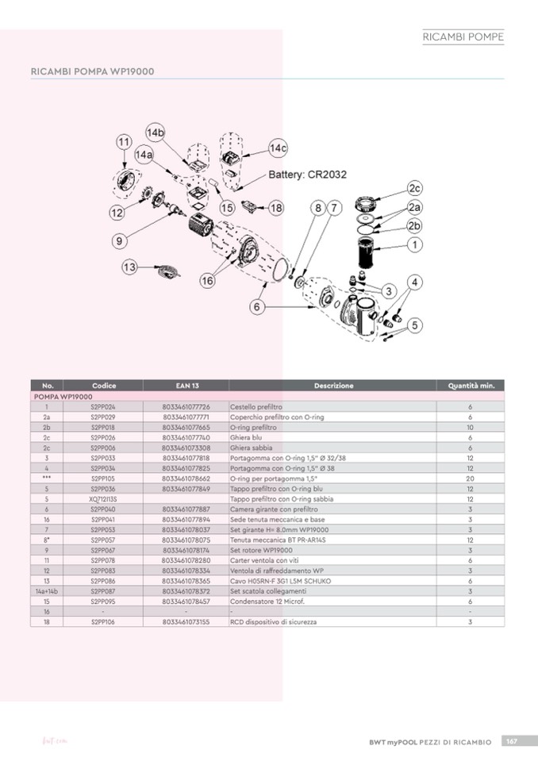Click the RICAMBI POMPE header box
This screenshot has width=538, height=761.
[463, 37]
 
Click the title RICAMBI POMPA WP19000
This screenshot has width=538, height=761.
[92, 71]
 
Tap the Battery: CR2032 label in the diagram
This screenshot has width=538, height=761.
[307, 175]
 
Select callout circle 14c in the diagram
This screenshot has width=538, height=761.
[278, 148]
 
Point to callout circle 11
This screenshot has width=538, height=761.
[124, 141]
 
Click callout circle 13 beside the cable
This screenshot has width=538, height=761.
[129, 267]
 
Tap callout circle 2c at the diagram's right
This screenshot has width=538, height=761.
[414, 188]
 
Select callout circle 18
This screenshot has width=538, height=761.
[275, 208]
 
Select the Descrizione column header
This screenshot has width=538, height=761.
[333, 386]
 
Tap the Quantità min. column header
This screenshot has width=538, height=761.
[471, 386]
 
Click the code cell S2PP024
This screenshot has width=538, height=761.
[103, 405]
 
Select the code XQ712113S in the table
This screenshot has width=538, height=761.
[103, 498]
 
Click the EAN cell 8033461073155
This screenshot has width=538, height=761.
[186, 622]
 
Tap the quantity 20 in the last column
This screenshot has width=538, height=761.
[471, 478]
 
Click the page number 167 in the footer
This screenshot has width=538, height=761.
[513, 741]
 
